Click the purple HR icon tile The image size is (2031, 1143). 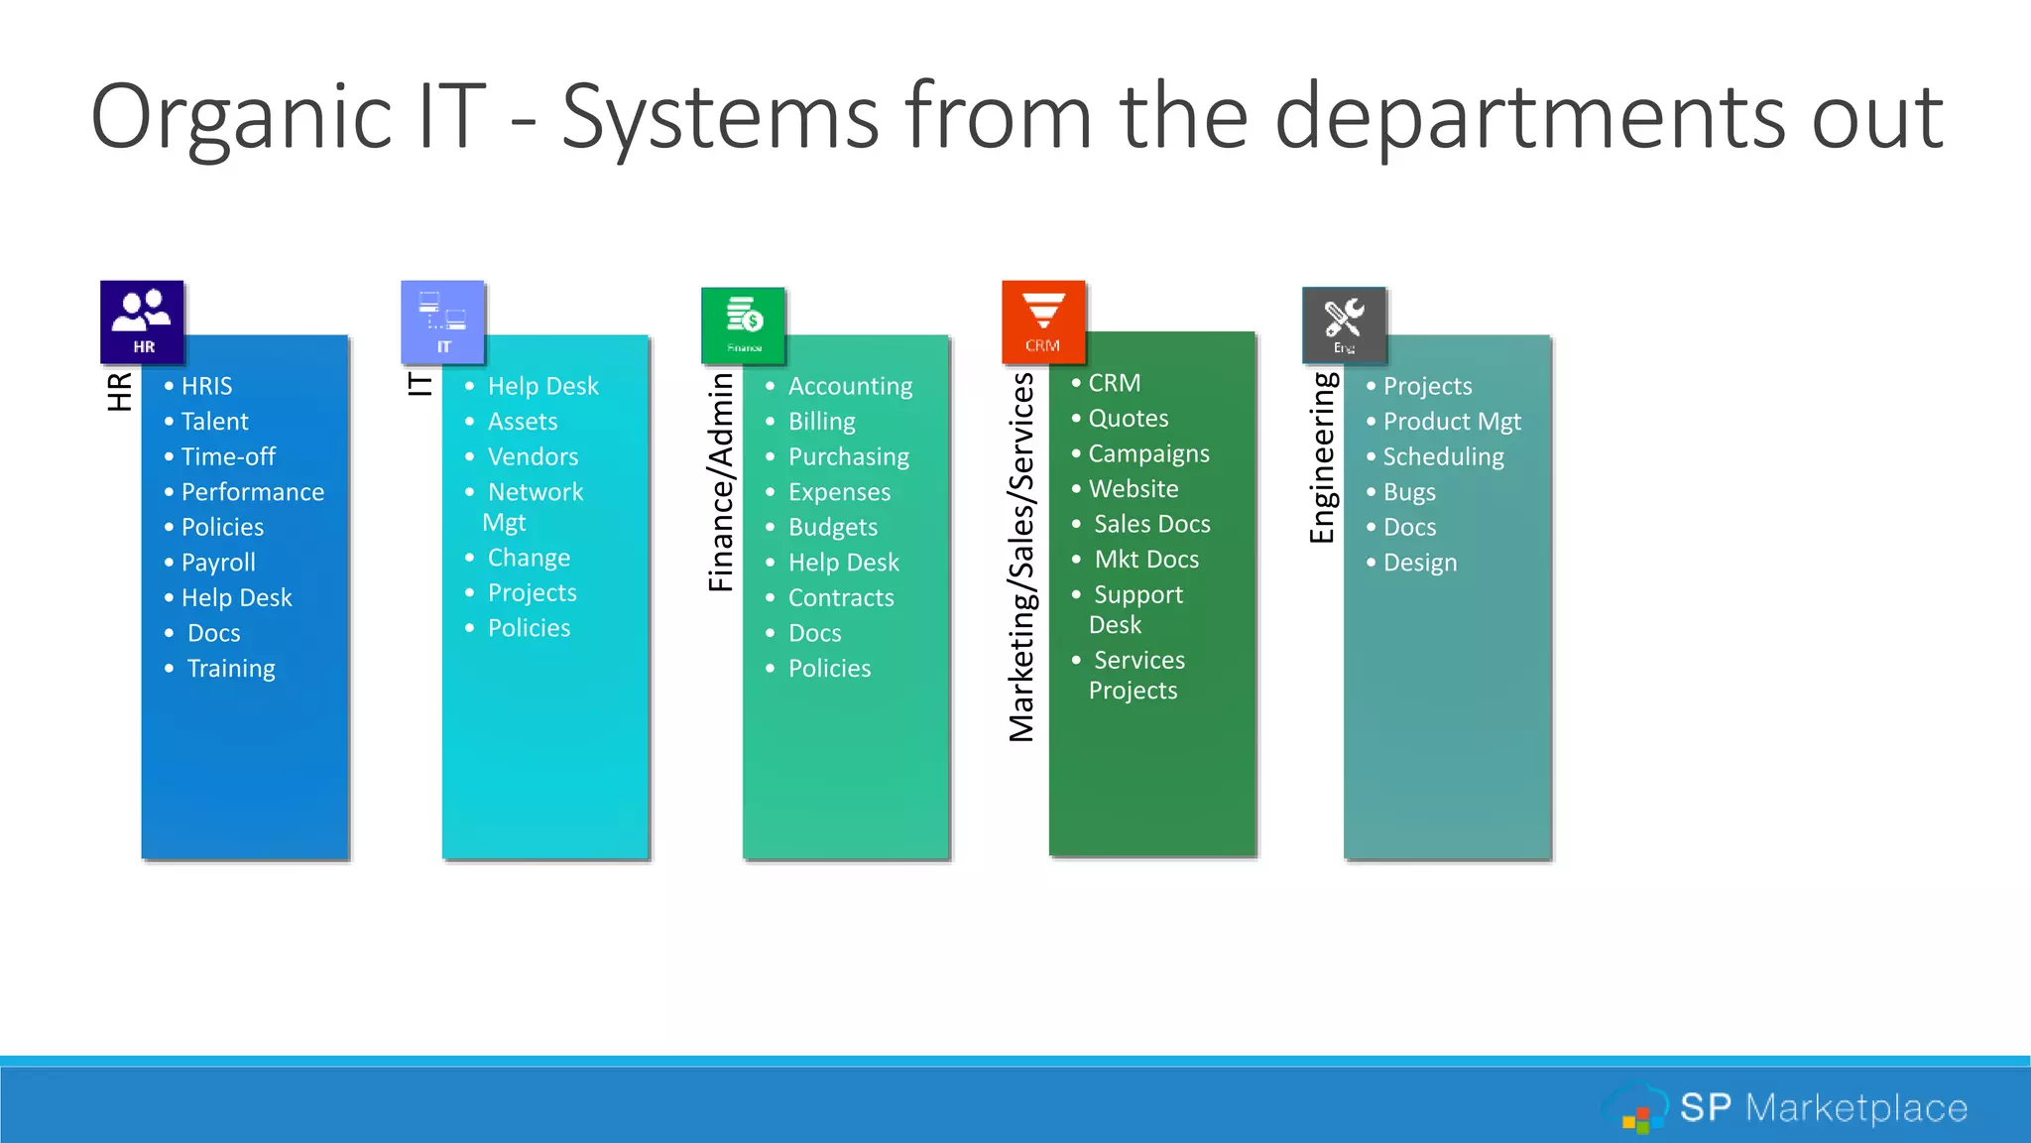tap(142, 321)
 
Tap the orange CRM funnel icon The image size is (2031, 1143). tap(1043, 321)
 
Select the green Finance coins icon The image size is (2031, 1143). tap(744, 324)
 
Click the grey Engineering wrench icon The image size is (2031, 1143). tap(1344, 324)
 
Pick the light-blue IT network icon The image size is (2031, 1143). tap(442, 321)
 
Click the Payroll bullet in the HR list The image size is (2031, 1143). tap(218, 563)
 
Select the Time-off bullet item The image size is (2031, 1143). tap(228, 456)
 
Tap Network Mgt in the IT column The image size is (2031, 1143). tap(534, 506)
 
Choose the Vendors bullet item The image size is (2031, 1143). tap(533, 456)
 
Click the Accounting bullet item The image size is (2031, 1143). tap(850, 386)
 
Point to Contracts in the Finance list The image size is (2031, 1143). tap(841, 597)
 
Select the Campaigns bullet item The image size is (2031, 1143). tap(1148, 453)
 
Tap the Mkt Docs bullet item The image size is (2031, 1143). tap(1146, 560)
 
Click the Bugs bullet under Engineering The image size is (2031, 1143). tap(1408, 492)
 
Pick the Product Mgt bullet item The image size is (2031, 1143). tap(1451, 422)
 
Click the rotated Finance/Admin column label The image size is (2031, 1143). tap(721, 483)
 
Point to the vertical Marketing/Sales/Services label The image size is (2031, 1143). tap(1021, 557)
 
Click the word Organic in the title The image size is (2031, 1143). tap(241, 117)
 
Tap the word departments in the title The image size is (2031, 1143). tap(1530, 117)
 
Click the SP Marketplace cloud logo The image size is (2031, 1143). tap(1638, 1108)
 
